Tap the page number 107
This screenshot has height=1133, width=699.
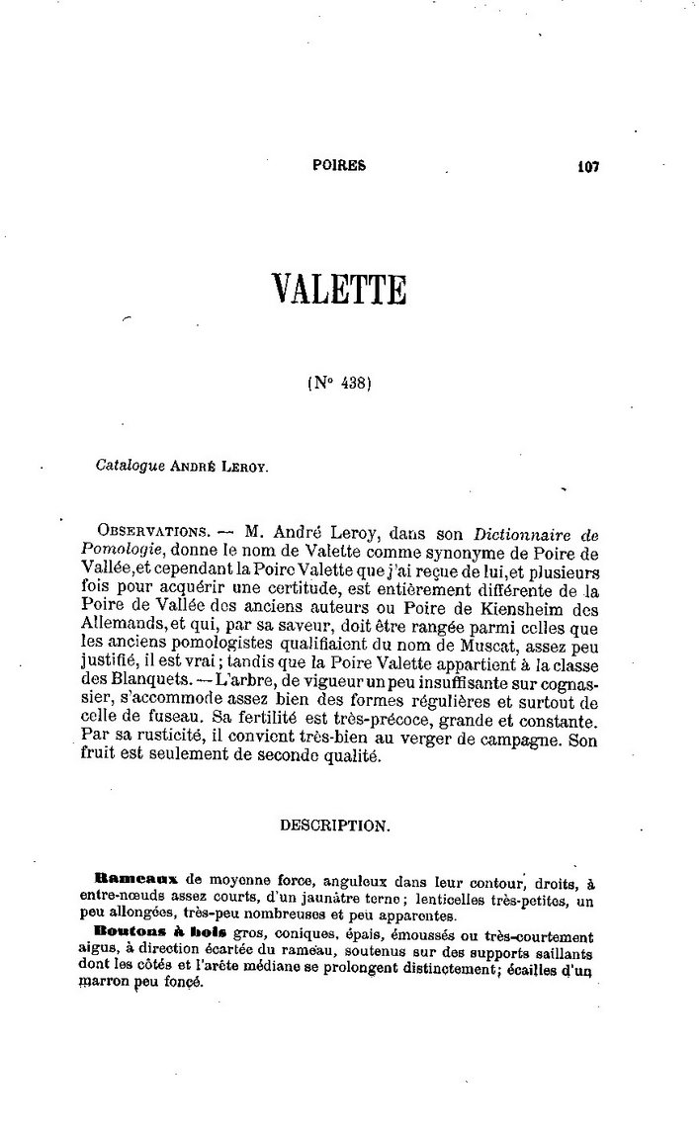pyautogui.click(x=589, y=167)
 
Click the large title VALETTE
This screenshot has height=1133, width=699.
pyautogui.click(x=339, y=291)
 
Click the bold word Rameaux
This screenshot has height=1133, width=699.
pyautogui.click(x=134, y=878)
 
